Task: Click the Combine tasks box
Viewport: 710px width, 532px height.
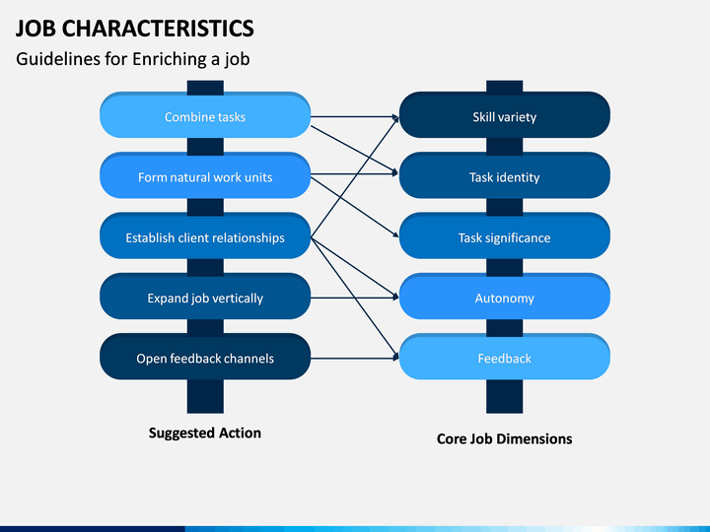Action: click(x=205, y=115)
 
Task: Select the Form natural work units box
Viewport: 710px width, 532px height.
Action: click(x=205, y=175)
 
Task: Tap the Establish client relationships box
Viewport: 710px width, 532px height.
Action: click(x=205, y=235)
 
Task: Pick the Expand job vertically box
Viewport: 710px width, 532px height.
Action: click(x=205, y=297)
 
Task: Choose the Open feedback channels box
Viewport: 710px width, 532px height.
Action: click(x=205, y=357)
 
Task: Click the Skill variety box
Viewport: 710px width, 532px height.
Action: click(x=505, y=115)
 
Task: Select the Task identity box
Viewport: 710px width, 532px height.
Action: click(x=505, y=175)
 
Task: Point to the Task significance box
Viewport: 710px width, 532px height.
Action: click(x=505, y=235)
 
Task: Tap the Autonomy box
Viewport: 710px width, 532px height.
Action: click(x=505, y=297)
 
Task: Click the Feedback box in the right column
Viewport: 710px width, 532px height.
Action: click(x=505, y=357)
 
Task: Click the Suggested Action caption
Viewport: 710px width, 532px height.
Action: click(x=205, y=432)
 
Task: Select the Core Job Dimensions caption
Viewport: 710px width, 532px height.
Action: click(x=505, y=438)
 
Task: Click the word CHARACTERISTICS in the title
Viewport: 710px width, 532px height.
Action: click(x=158, y=28)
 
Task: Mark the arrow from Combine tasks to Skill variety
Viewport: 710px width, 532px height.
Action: click(x=355, y=116)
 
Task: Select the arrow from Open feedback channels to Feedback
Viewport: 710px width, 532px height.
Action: click(x=355, y=359)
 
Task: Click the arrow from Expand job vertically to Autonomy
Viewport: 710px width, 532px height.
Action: click(x=355, y=298)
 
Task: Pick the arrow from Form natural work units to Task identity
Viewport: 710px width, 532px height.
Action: click(x=355, y=173)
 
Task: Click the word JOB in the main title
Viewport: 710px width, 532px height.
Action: click(x=35, y=28)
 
